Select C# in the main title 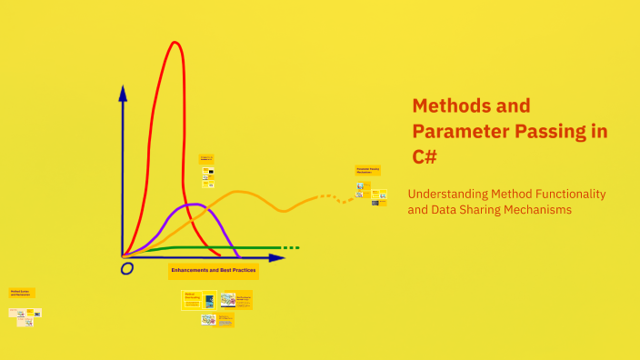425,156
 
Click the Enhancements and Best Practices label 214,271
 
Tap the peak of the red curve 174,43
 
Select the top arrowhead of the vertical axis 123,91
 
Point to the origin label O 127,268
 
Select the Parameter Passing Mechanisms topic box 367,170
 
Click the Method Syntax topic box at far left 22,293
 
